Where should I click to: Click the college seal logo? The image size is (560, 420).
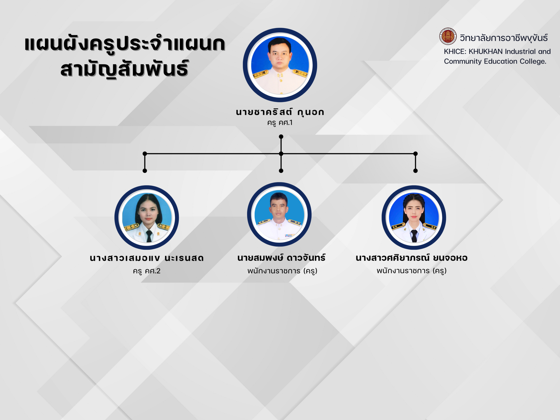pyautogui.click(x=448, y=36)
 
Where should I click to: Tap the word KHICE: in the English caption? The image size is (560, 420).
pyautogui.click(x=455, y=52)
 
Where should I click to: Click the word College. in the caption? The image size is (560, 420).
pyautogui.click(x=533, y=62)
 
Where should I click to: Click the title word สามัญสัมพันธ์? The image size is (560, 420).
pyautogui.click(x=125, y=69)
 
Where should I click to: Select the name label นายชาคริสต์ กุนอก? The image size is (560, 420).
pyautogui.click(x=280, y=112)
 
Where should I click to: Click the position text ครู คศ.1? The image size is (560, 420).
pyautogui.click(x=280, y=123)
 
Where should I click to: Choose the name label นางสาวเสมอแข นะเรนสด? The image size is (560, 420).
pyautogui.click(x=147, y=258)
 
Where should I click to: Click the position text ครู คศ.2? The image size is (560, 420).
pyautogui.click(x=147, y=271)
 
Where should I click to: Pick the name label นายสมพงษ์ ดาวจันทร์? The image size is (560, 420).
pyautogui.click(x=281, y=258)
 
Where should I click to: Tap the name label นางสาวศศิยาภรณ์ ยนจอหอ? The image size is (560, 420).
pyautogui.click(x=412, y=258)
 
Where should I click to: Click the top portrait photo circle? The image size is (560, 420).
pyautogui.click(x=280, y=65)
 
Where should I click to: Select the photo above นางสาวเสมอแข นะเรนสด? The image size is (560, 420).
pyautogui.click(x=147, y=218)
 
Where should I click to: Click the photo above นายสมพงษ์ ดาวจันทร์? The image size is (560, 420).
pyautogui.click(x=279, y=215)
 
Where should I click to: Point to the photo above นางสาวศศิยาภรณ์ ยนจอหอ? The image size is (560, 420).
pyautogui.click(x=414, y=218)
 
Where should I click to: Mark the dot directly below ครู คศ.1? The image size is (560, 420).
pyautogui.click(x=281, y=136)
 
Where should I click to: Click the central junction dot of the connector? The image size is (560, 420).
pyautogui.click(x=281, y=153)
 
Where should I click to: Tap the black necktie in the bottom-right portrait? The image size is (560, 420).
pyautogui.click(x=414, y=235)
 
